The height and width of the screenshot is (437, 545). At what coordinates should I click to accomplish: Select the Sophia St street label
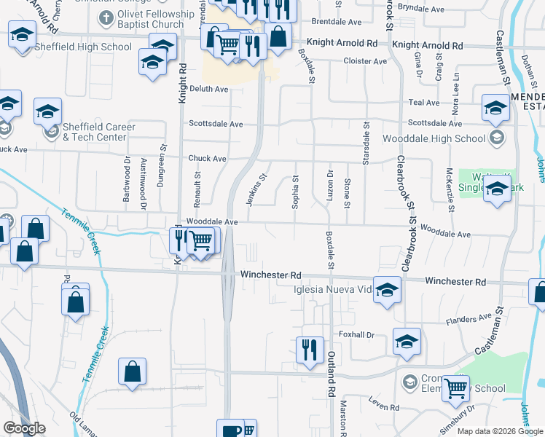[x=296, y=192]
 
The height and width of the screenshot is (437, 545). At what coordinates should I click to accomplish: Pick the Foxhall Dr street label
[x=356, y=335]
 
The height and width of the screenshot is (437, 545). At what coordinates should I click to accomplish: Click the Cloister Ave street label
[x=365, y=61]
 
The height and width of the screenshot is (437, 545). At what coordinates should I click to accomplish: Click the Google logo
[x=24, y=428]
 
